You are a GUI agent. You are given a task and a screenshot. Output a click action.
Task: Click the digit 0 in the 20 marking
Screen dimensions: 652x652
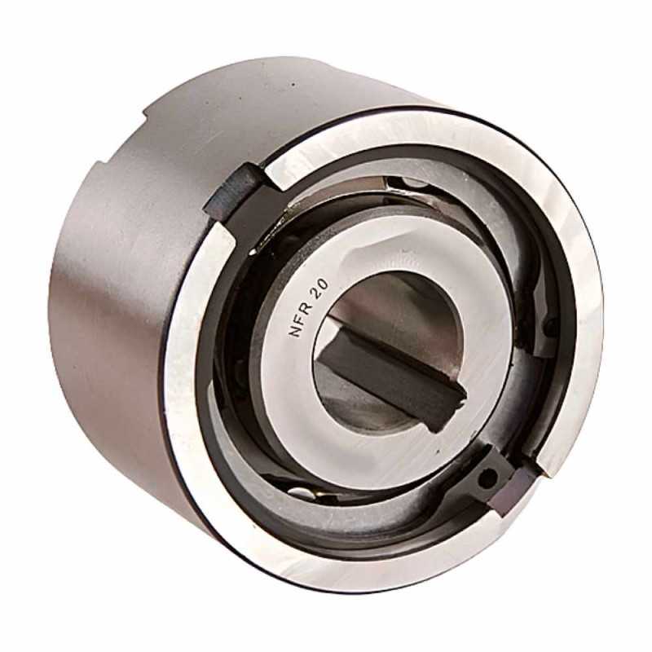point(325,284)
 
